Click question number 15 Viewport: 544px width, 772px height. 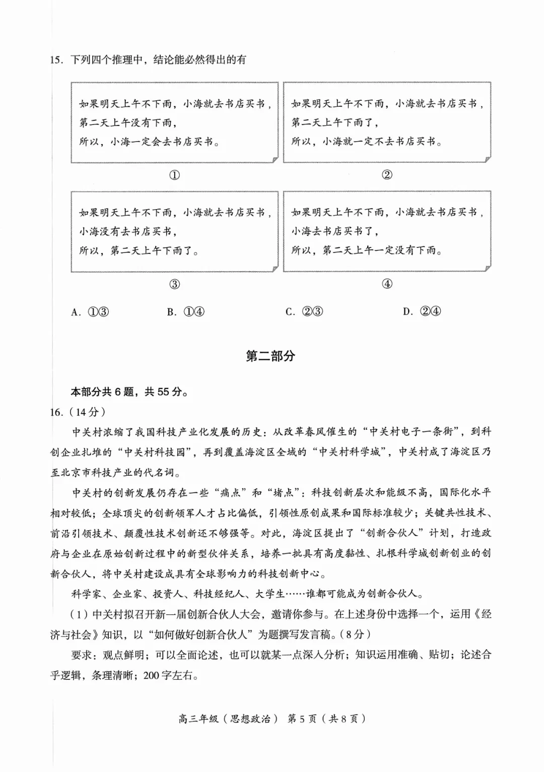[56, 60]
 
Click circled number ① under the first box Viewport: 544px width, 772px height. [174, 175]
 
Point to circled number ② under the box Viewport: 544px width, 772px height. [387, 175]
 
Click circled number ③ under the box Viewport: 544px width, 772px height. [174, 284]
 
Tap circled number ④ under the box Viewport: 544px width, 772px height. [387, 284]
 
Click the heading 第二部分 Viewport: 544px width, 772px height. [270, 356]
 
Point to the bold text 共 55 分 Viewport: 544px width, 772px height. [163, 392]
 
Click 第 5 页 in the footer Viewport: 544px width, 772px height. [302, 719]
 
